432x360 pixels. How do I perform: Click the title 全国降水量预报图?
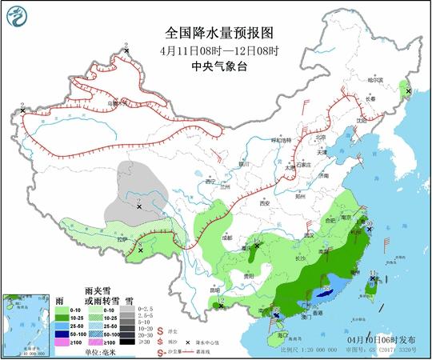click(x=218, y=34)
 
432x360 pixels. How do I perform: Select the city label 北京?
click(x=320, y=137)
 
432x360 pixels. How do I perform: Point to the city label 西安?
click(x=264, y=203)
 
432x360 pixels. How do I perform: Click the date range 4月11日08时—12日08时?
click(x=218, y=51)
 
